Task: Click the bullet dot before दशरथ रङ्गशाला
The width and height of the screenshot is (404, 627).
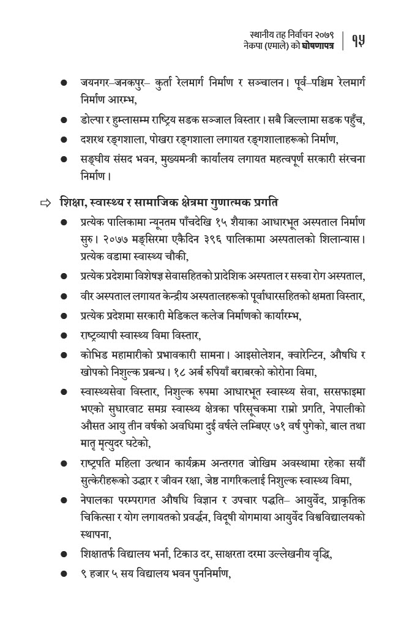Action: pyautogui.click(x=64, y=140)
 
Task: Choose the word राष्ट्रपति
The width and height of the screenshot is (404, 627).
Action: pyautogui.click(x=99, y=464)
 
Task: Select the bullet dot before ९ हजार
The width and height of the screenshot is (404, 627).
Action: pyautogui.click(x=64, y=574)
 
